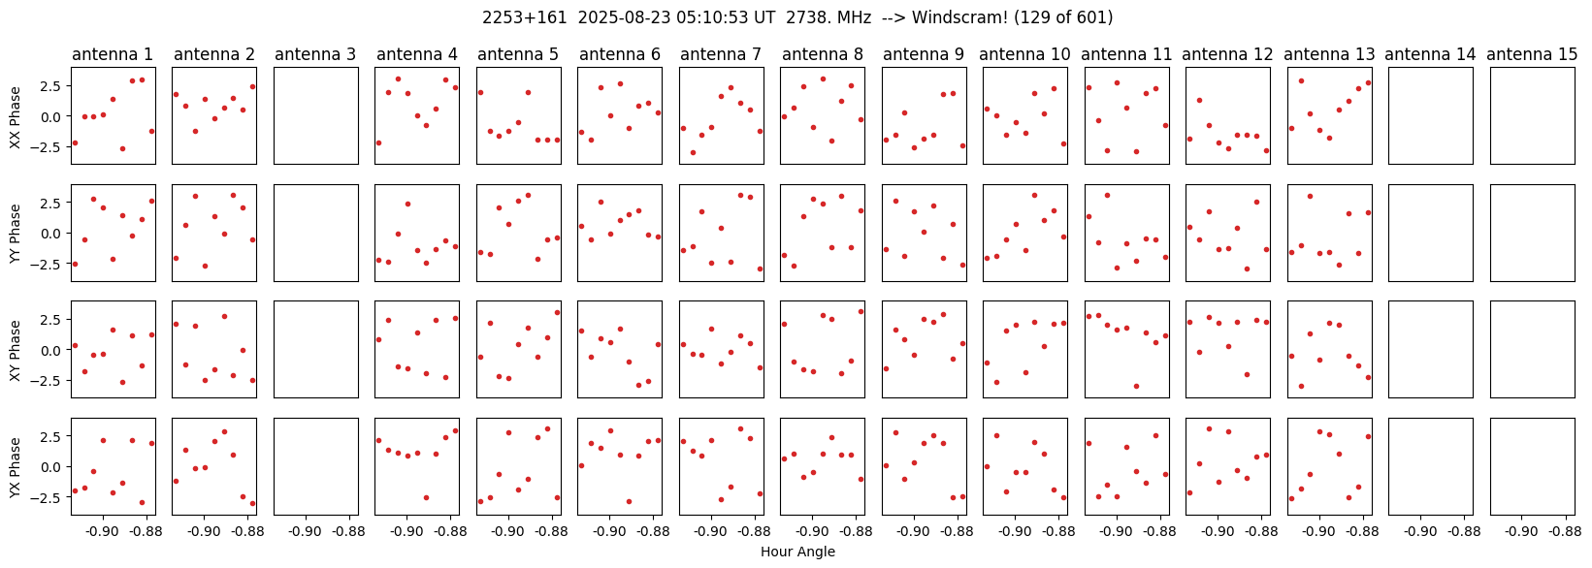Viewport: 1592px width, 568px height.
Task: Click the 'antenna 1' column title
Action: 113,54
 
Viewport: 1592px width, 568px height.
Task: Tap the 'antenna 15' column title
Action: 1532,54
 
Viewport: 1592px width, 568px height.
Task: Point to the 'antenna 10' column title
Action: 1025,54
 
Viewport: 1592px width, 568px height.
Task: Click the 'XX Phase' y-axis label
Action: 15,116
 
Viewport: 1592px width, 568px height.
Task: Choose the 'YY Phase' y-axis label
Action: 15,233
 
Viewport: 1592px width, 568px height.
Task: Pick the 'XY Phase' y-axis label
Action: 15,350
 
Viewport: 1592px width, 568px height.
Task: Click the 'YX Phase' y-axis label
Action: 15,467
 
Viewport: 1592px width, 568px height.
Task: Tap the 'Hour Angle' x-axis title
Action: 797,552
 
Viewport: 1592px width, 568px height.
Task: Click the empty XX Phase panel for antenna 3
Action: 315,116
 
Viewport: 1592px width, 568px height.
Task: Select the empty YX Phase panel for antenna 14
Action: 1431,467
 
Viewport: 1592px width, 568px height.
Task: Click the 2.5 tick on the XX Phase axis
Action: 50,86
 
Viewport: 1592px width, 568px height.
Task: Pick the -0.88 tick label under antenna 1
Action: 146,532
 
